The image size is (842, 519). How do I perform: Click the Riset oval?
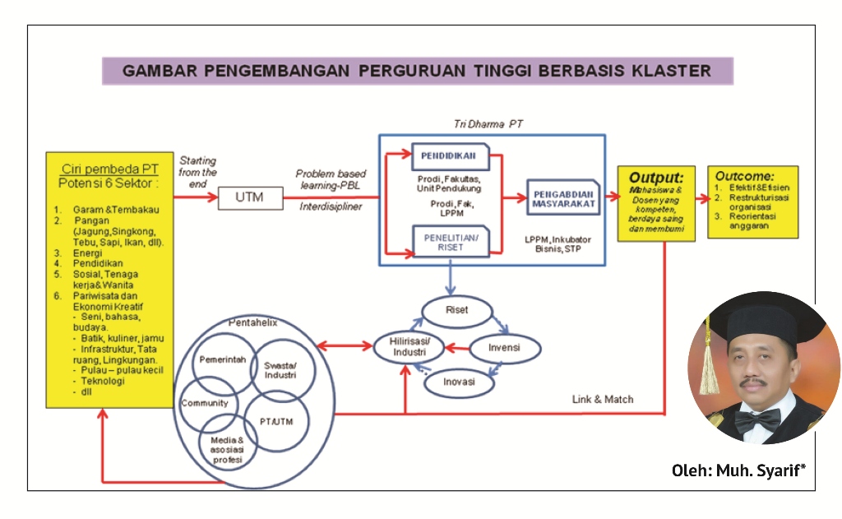coord(456,311)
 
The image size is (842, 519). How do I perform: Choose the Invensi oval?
coord(504,348)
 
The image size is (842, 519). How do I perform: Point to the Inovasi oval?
coord(460,383)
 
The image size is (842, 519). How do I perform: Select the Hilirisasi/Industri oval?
coord(409,346)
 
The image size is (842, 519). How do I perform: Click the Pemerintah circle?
coord(222,359)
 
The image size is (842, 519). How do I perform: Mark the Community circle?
coord(205,403)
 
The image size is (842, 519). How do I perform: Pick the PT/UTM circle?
coord(277,421)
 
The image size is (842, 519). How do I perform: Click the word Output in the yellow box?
coord(655,177)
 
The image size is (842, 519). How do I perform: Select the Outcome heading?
coord(745,176)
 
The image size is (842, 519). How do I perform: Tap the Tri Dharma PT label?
coord(488,124)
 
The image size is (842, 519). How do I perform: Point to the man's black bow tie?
coord(757,419)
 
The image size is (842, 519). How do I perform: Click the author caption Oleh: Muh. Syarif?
coord(738,470)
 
